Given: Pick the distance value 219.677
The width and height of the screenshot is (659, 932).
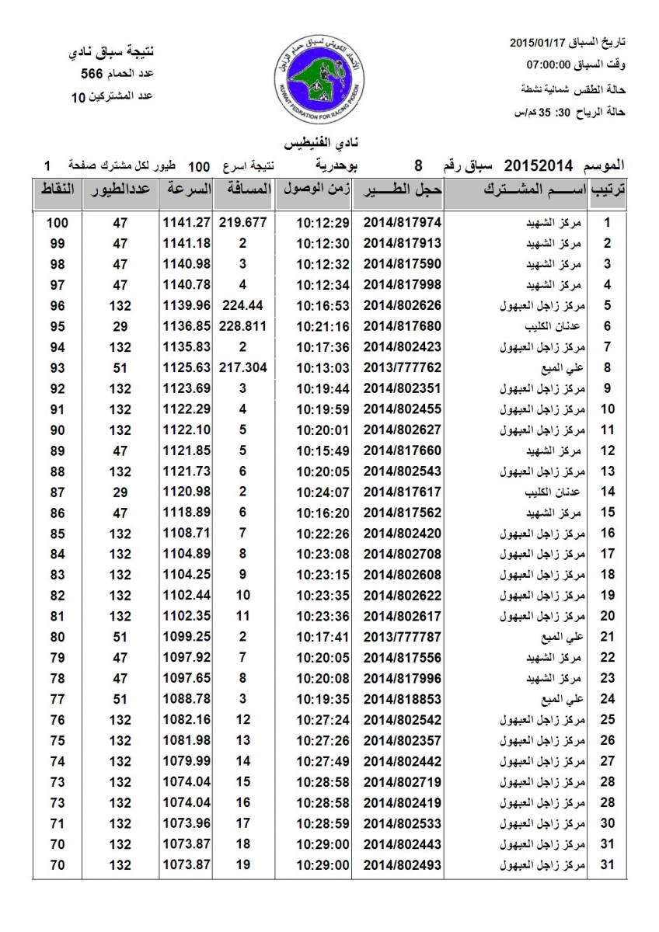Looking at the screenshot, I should (x=242, y=222).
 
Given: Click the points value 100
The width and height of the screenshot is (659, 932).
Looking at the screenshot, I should (x=57, y=222).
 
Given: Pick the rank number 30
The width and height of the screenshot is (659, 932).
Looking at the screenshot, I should (x=608, y=822).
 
